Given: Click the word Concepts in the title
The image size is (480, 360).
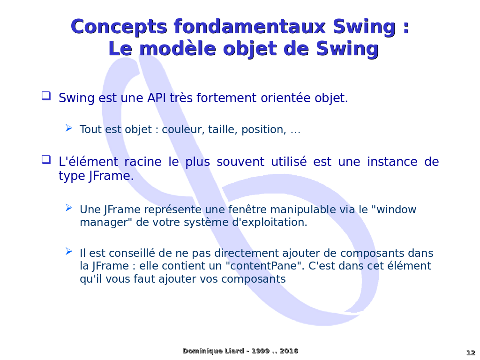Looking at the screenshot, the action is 119,27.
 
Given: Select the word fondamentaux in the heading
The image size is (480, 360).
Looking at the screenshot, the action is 250,26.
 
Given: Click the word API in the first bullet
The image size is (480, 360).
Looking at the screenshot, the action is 157,98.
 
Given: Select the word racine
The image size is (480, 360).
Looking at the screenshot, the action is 142,162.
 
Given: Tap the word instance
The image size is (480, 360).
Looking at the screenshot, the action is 392,162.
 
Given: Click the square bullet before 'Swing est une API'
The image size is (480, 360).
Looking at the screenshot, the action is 46,96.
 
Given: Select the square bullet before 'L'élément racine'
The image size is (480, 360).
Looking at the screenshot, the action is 46,159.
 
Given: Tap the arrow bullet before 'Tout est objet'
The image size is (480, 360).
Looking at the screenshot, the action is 69,128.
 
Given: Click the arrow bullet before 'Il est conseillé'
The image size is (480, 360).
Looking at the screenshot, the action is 69,251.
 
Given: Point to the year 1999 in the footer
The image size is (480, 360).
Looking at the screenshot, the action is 261,351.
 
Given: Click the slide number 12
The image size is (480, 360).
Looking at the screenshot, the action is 471,352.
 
